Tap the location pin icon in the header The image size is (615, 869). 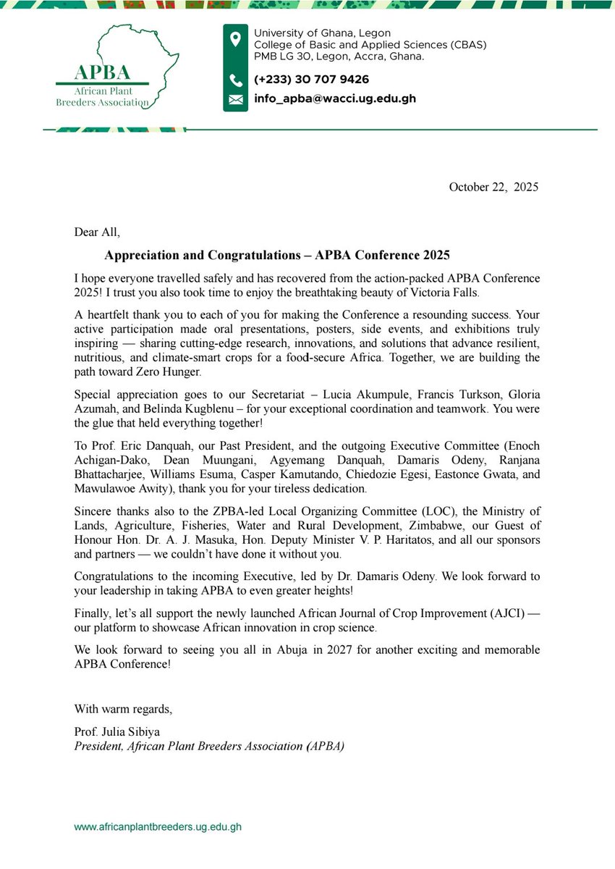tap(235, 40)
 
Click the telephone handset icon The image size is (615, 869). tap(235, 80)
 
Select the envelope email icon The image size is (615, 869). tap(235, 100)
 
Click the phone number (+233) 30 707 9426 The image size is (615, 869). tap(311, 80)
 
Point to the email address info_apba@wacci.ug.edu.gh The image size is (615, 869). tap(334, 99)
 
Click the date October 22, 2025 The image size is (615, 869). tap(493, 187)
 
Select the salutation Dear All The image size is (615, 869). tap(97, 232)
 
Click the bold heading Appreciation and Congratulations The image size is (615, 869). tap(277, 255)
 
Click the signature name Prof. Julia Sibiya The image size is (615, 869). tap(116, 732)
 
